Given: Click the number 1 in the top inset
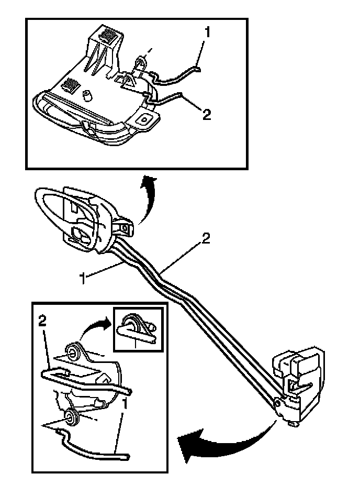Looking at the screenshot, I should click(207, 32).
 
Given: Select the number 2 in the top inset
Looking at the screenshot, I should click(207, 114).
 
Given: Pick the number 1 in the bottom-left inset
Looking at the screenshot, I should click(125, 406).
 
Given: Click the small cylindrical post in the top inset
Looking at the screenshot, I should click(88, 96).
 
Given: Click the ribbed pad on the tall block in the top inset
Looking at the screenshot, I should click(108, 38).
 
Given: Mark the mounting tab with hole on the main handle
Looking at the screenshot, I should click(125, 228).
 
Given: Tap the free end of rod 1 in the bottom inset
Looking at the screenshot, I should click(126, 457).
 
